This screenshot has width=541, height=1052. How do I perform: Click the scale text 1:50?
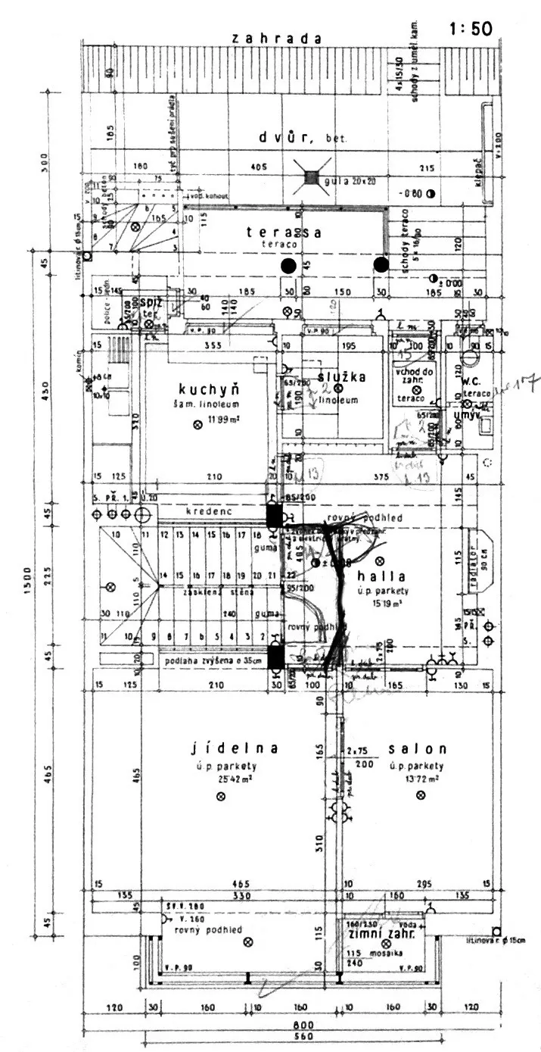471,30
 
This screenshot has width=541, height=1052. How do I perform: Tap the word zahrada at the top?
277,39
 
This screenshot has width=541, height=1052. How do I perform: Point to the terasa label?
284,233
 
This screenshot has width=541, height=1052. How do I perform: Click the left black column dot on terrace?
288,265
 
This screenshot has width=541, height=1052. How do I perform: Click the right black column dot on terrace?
381,264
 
